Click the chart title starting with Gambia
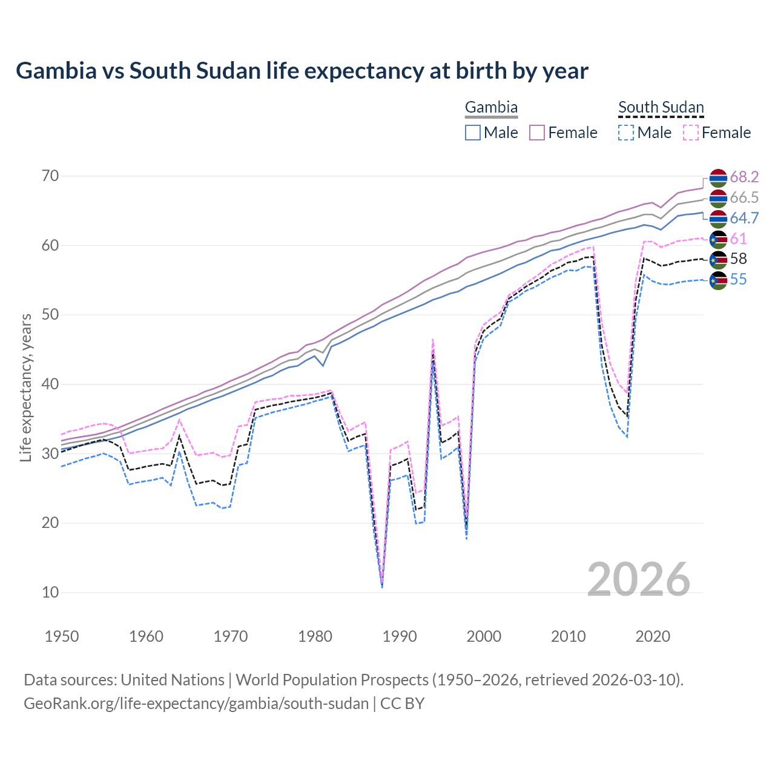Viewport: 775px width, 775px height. tap(302, 71)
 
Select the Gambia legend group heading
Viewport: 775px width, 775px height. tap(491, 108)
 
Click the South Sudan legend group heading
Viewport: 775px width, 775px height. tap(661, 108)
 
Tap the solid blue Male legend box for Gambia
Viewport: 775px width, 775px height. tap(473, 133)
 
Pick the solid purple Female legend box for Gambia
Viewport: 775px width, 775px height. tap(538, 133)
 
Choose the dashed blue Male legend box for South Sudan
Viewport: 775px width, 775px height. tap(626, 133)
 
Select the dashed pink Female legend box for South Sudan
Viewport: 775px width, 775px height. tap(691, 133)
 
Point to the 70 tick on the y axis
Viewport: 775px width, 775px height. tap(50, 176)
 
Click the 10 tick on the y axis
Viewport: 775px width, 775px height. tap(50, 592)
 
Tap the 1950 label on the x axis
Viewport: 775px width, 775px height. tap(62, 636)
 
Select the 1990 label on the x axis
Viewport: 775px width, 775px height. tap(400, 636)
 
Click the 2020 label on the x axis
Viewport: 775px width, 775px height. tap(653, 636)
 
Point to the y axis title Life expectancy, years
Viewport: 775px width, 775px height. tap(26, 387)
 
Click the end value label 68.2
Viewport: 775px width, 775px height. tap(744, 177)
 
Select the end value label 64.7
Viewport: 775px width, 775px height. tap(744, 218)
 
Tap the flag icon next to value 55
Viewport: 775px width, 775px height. tap(718, 280)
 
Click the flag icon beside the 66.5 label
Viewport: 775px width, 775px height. tap(718, 198)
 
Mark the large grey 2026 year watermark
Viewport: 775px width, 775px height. tap(638, 579)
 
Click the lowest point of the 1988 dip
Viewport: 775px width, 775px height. tap(382, 586)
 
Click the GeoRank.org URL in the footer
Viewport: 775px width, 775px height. tap(196, 704)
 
